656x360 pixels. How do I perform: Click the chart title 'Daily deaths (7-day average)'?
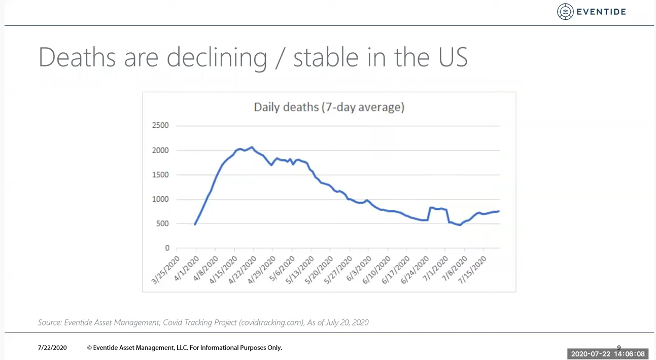coord(329,107)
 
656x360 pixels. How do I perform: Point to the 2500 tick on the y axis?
coord(160,126)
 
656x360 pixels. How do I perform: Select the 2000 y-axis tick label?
coord(160,151)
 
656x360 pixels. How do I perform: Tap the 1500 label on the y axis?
coord(160,175)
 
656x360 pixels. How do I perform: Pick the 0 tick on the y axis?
coord(167,248)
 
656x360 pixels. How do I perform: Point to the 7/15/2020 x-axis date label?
coord(473,269)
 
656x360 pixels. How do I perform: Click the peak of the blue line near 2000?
coord(252,147)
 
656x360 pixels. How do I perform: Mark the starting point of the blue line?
coord(195,224)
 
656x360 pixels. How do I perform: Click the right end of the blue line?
coord(499,211)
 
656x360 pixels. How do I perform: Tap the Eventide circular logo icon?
coord(565,12)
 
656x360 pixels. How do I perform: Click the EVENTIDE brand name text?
coord(601,12)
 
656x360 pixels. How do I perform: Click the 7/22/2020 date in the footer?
coord(52,348)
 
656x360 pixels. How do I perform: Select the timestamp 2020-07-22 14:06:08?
coord(608,354)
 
